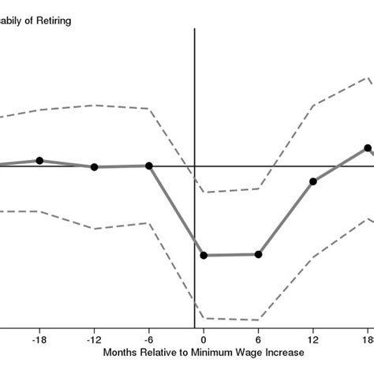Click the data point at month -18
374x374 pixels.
pyautogui.click(x=39, y=161)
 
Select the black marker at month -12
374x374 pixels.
pyautogui.click(x=95, y=167)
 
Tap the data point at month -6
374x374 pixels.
pyautogui.click(x=149, y=166)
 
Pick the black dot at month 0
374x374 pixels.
pyautogui.click(x=204, y=256)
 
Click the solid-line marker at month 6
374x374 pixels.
pyautogui.click(x=258, y=255)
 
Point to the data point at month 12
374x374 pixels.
pyautogui.click(x=313, y=181)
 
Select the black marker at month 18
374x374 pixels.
pyautogui.click(x=368, y=148)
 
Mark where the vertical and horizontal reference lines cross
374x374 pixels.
pyautogui.click(x=194, y=166)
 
